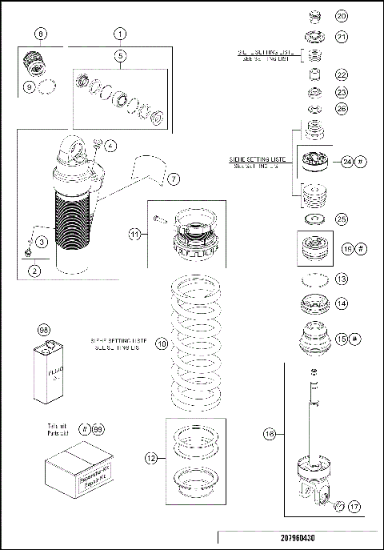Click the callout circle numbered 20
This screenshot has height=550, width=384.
[x=341, y=15]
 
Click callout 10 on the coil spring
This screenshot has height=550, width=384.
[x=161, y=343]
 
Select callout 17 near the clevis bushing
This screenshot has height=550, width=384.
[x=354, y=506]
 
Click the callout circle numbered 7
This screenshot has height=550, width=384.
[x=174, y=177]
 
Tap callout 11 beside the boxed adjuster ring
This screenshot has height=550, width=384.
[x=135, y=235]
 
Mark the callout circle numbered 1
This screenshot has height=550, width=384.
[x=119, y=34]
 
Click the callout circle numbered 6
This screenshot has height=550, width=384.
[x=42, y=34]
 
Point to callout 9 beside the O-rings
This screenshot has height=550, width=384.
[x=30, y=87]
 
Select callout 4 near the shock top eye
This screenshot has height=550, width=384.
[x=110, y=146]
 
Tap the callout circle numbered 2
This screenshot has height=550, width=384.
[x=34, y=271]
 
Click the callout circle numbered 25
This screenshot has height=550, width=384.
[x=341, y=218]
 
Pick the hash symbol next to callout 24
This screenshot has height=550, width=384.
[x=362, y=162]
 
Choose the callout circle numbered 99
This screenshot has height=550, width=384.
[x=98, y=430]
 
